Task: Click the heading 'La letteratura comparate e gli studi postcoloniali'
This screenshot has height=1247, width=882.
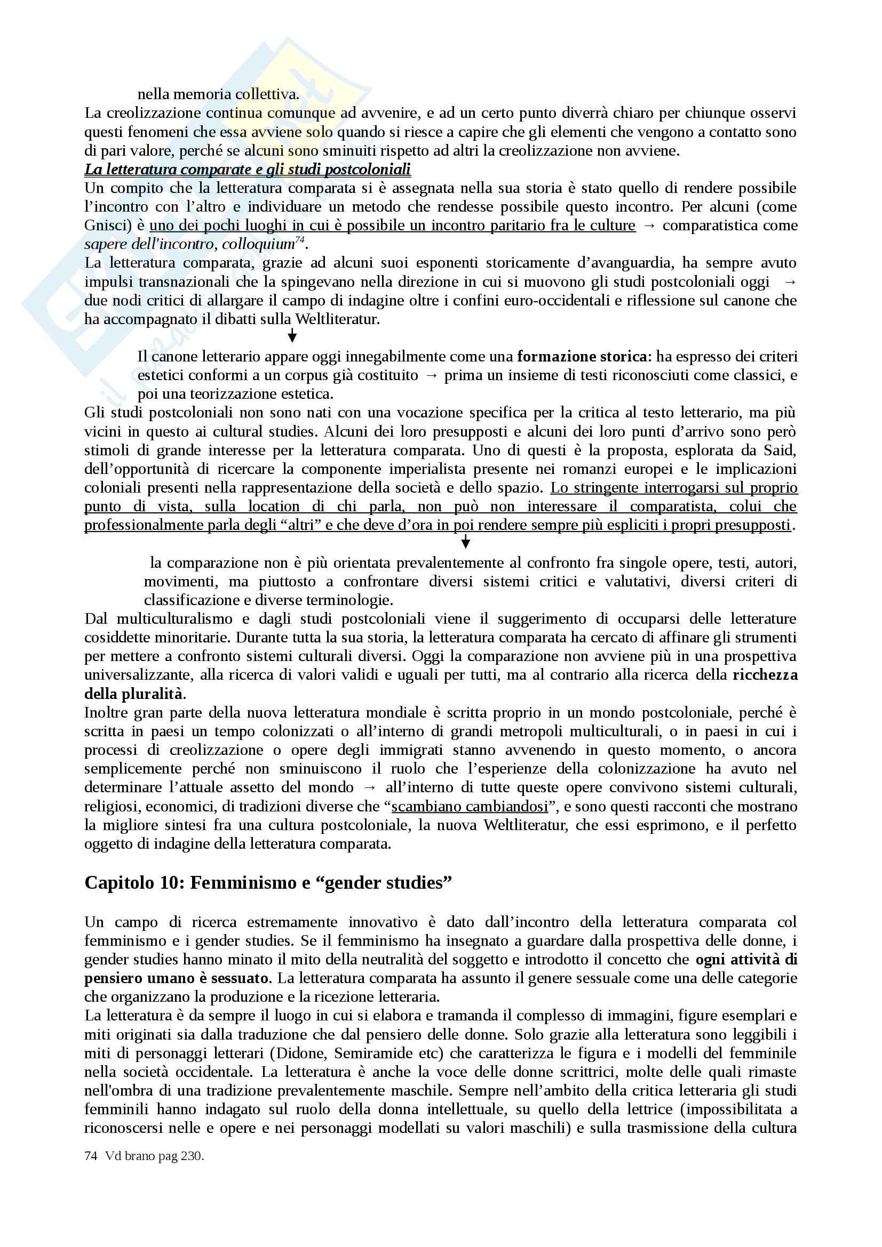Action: [x=247, y=170]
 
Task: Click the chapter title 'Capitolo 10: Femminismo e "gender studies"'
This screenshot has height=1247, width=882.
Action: [x=268, y=882]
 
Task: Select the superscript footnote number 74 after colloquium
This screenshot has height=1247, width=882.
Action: [x=299, y=240]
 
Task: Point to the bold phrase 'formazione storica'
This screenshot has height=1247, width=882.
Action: [x=582, y=357]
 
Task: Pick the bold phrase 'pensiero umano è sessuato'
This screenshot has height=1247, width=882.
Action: [x=177, y=978]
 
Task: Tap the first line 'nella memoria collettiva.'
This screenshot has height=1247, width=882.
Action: [x=218, y=94]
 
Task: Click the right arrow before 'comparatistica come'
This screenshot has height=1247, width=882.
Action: [x=649, y=226]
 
